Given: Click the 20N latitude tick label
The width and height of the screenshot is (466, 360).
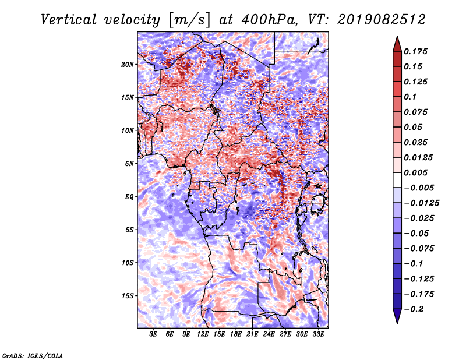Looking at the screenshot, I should (128, 64).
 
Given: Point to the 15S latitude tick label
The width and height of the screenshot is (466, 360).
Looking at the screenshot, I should (128, 295).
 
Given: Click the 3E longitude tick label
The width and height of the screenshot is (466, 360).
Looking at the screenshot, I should (154, 335).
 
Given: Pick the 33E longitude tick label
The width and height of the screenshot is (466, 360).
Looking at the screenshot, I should (318, 335).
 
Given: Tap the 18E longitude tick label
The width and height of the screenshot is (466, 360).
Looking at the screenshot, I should (236, 335).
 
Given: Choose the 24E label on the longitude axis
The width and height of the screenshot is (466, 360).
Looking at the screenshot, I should (269, 335).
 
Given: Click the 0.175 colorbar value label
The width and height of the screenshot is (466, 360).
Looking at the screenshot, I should (417, 51).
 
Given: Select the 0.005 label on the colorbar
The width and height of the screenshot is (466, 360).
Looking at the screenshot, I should (417, 172).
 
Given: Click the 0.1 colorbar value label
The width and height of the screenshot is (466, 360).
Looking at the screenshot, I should (412, 97).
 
